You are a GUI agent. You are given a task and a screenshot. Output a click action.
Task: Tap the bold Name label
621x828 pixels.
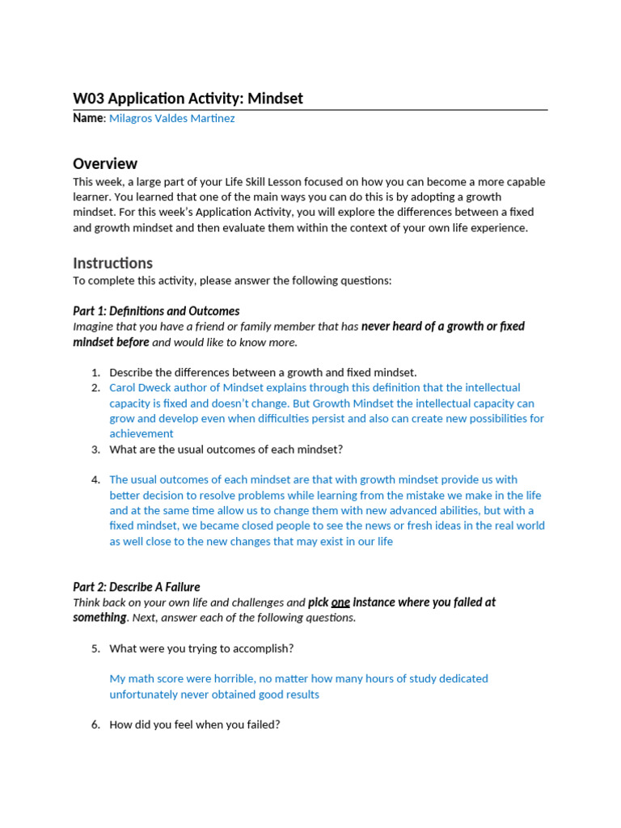coord(88,118)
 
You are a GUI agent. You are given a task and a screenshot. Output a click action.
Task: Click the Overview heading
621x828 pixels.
coord(105,163)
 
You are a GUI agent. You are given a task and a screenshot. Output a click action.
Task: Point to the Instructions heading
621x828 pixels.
coord(112,263)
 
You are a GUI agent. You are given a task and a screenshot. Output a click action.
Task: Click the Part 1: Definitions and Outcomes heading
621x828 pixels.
coord(156,310)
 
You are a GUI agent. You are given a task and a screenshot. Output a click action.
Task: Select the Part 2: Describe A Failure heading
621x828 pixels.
coord(137,587)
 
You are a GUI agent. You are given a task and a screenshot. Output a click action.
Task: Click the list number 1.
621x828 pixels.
coord(95,372)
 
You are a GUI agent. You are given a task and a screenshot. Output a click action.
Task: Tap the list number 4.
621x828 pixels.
coord(95,479)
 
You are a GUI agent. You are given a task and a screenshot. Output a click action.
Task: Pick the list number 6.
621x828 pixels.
coord(95,724)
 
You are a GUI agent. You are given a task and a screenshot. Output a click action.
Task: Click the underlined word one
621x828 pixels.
coord(340,602)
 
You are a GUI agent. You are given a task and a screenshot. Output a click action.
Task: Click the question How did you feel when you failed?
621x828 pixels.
coord(194,724)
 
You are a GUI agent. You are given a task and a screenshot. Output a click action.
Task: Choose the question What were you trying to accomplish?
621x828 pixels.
coord(201,648)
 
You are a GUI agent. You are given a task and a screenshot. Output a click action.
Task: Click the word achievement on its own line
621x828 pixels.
coord(142,433)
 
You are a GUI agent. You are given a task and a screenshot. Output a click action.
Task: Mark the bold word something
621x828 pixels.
coord(99,618)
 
